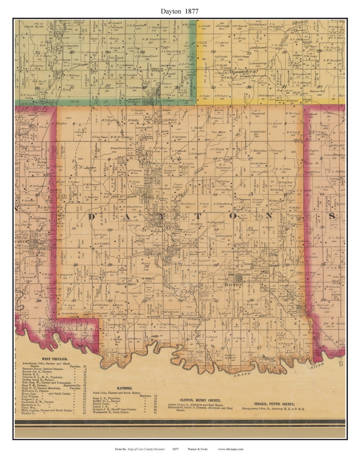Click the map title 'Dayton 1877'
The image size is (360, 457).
[179, 11]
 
